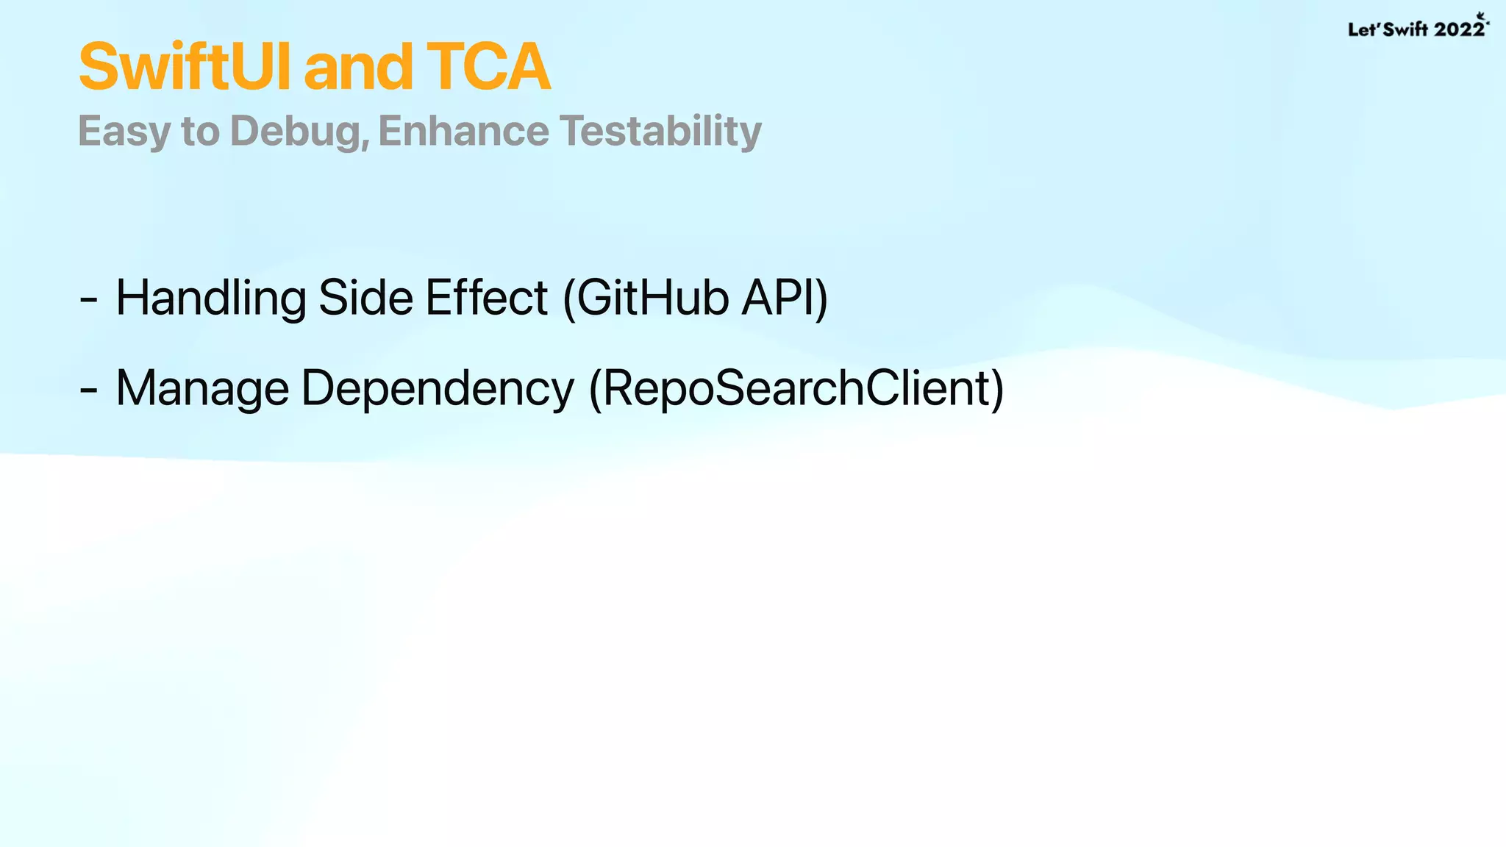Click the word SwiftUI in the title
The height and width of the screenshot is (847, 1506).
187,67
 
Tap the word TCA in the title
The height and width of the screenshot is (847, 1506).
488,67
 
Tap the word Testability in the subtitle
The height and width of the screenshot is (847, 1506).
660,132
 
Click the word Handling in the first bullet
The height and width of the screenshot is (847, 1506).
212,299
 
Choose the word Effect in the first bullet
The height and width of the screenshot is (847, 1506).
486,298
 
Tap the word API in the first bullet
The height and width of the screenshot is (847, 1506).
779,298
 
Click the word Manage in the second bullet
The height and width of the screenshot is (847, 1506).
202,389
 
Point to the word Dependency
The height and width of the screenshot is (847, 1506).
438,389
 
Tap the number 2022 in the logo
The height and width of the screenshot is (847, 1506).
1459,29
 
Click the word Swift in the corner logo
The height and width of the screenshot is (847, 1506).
1405,29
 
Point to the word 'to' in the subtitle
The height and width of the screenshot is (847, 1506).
201,132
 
